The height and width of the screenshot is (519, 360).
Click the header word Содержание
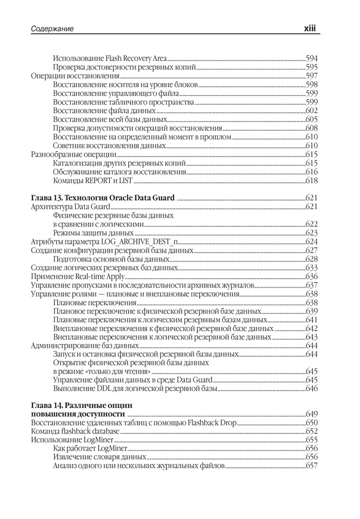point(52,29)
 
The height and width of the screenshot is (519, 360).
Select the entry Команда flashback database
point(75,431)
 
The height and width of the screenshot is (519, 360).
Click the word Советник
point(71,145)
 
